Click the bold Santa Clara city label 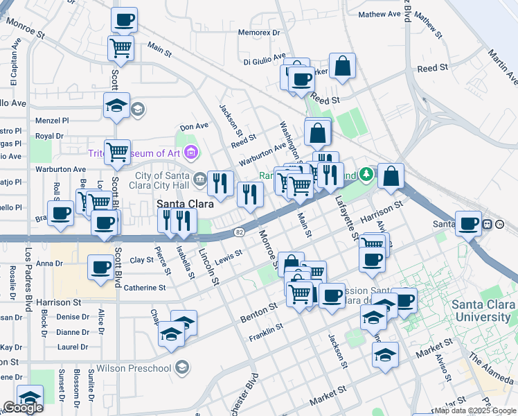(184, 203)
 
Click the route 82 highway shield (239, 231)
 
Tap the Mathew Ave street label (379, 14)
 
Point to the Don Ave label (194, 126)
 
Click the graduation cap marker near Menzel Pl (116, 105)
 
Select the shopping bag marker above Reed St (342, 67)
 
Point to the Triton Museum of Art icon (192, 153)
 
